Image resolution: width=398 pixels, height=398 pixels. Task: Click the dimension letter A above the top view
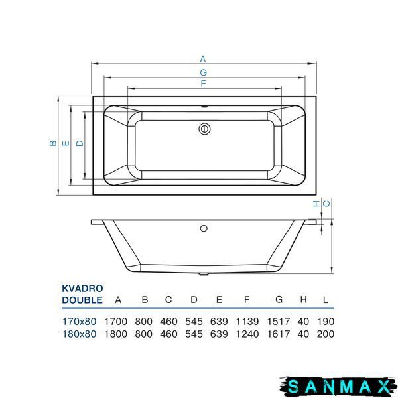(203, 59)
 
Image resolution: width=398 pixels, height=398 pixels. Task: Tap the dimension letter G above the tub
(204, 72)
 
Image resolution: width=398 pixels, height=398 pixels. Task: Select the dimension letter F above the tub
(203, 84)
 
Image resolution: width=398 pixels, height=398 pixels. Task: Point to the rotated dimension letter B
(53, 143)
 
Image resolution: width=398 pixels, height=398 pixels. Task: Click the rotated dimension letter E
(66, 143)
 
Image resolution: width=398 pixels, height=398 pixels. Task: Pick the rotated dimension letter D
(80, 143)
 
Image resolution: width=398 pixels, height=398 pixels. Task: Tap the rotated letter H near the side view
(316, 204)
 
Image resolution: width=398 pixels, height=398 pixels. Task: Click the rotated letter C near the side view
(326, 204)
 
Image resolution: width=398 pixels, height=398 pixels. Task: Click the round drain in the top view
(204, 129)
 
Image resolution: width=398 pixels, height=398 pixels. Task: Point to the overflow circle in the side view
(204, 228)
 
